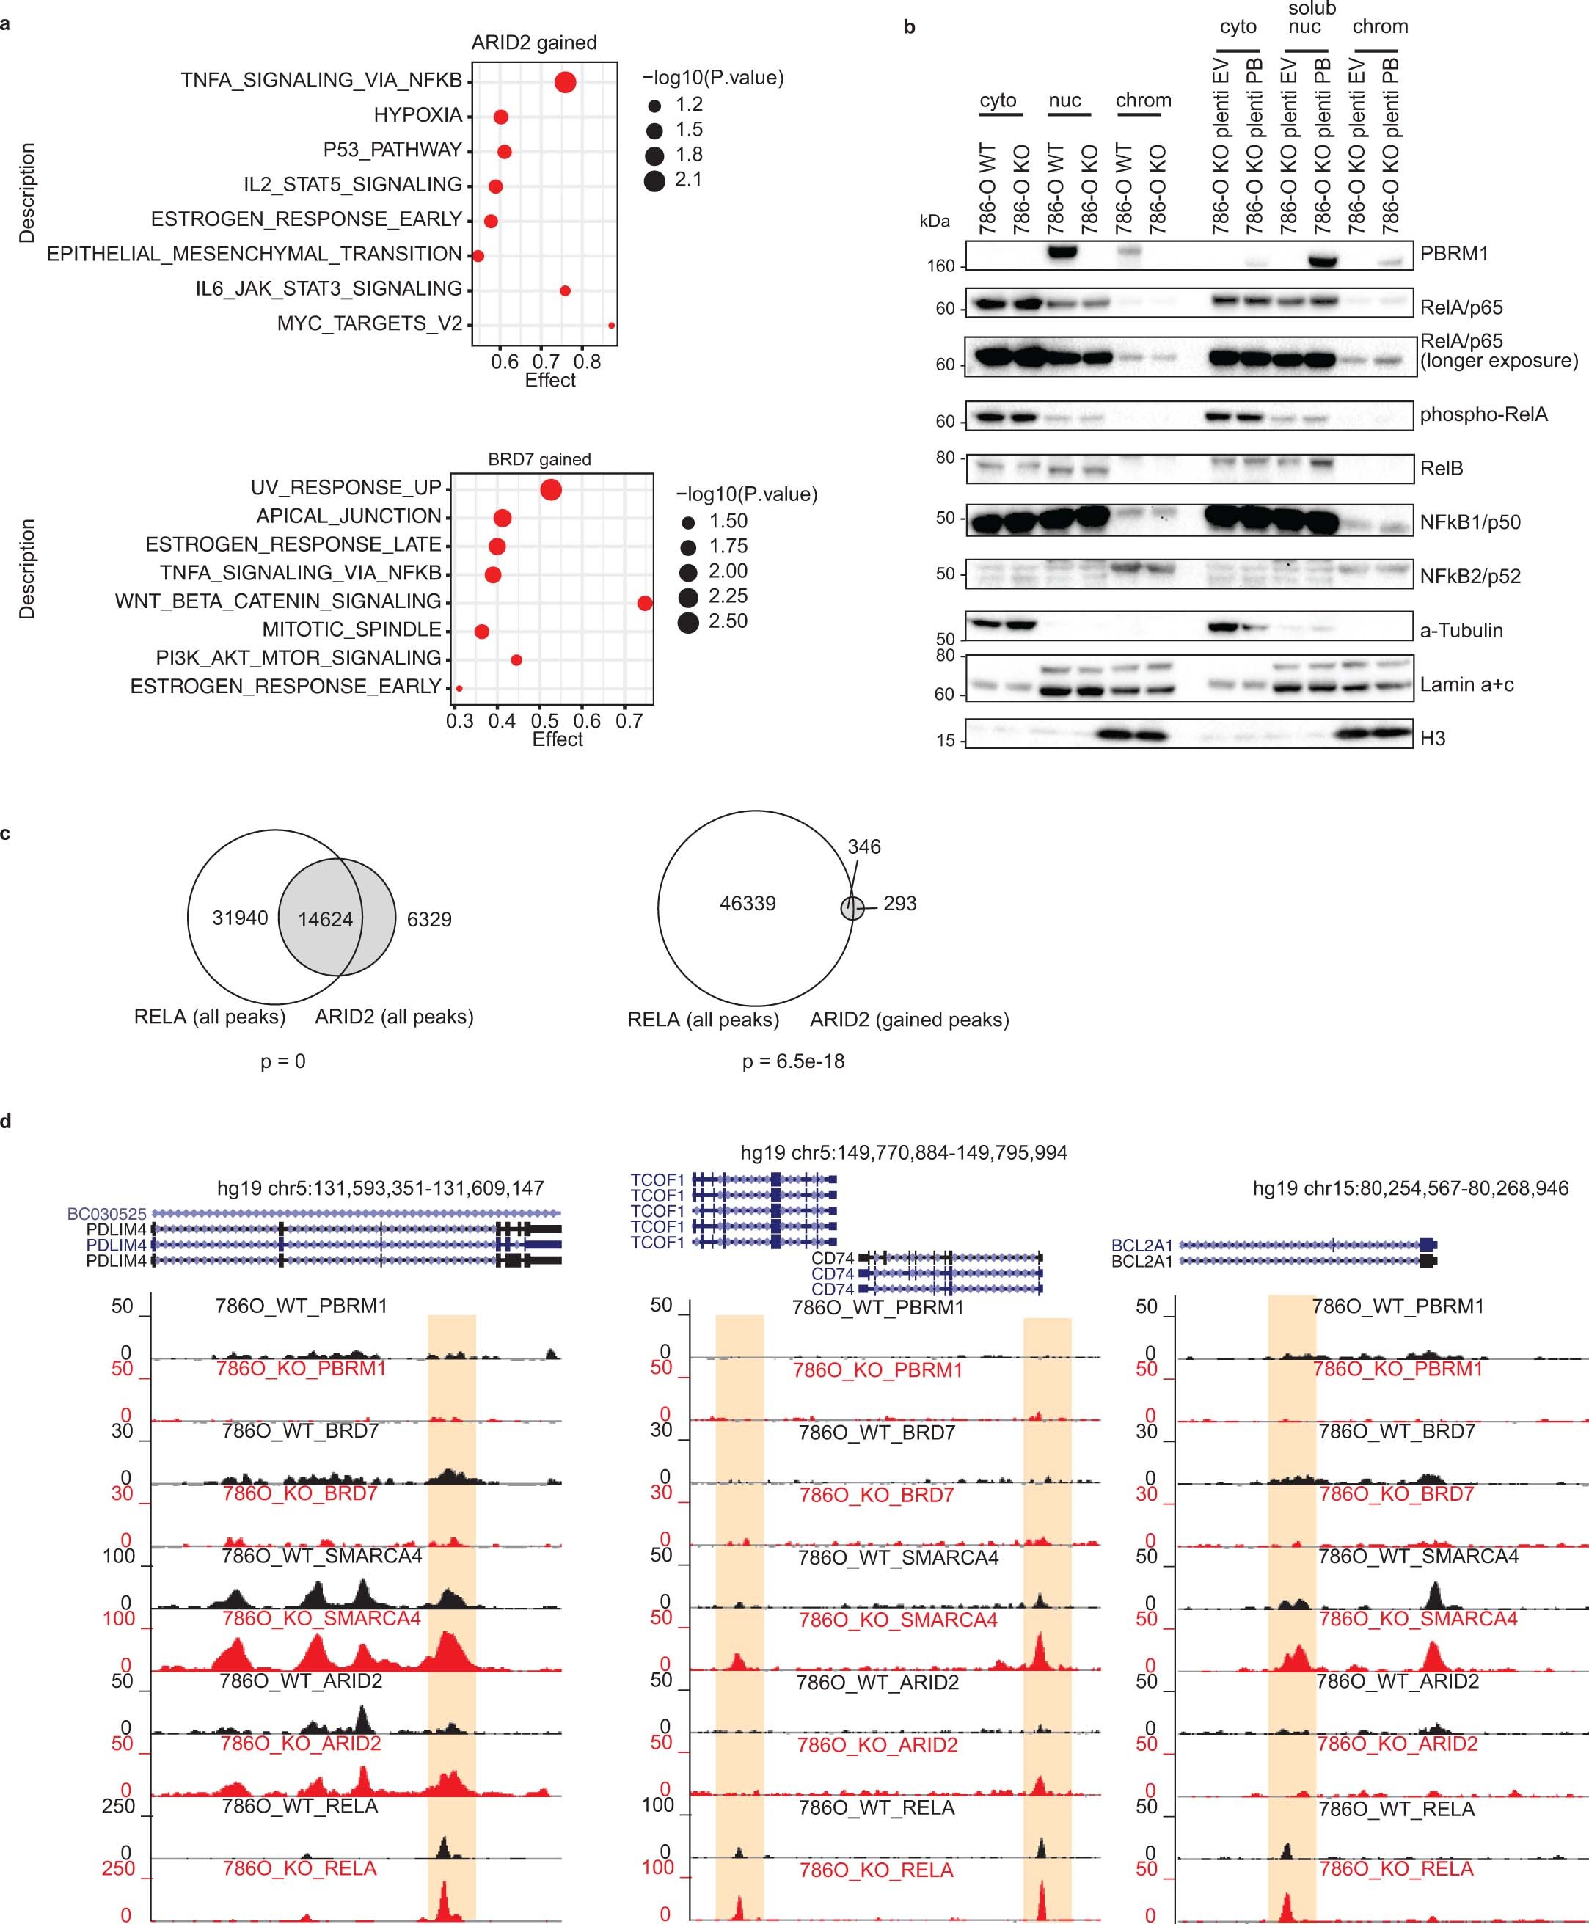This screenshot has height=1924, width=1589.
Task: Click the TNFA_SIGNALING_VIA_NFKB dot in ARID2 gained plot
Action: pyautogui.click(x=565, y=82)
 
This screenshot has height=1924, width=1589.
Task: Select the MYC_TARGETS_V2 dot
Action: pyautogui.click(x=611, y=325)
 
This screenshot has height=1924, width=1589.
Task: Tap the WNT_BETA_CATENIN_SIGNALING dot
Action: pyautogui.click(x=644, y=602)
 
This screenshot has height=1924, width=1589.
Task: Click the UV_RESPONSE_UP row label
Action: pyautogui.click(x=346, y=488)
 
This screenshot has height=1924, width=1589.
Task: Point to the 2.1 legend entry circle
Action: pyautogui.click(x=654, y=180)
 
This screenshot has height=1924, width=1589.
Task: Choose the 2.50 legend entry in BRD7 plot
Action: pyautogui.click(x=688, y=623)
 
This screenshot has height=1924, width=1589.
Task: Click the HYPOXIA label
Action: pyautogui.click(x=417, y=115)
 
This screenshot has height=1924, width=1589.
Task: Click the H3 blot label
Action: pyautogui.click(x=1433, y=738)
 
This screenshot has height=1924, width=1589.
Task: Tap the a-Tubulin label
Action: pyautogui.click(x=1461, y=630)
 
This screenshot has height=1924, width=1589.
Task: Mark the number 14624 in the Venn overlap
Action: pyautogui.click(x=325, y=919)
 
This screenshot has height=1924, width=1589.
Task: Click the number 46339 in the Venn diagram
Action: pyautogui.click(x=748, y=904)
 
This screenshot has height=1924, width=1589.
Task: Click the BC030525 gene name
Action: pyautogui.click(x=106, y=1214)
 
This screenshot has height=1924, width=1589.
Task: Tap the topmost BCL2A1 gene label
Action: pyautogui.click(x=1141, y=1246)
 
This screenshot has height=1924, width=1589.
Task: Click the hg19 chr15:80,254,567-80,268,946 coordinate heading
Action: pyautogui.click(x=1409, y=1188)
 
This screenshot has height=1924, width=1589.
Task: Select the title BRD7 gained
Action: pyautogui.click(x=539, y=459)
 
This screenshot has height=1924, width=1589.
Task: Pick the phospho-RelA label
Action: pyautogui.click(x=1483, y=414)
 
